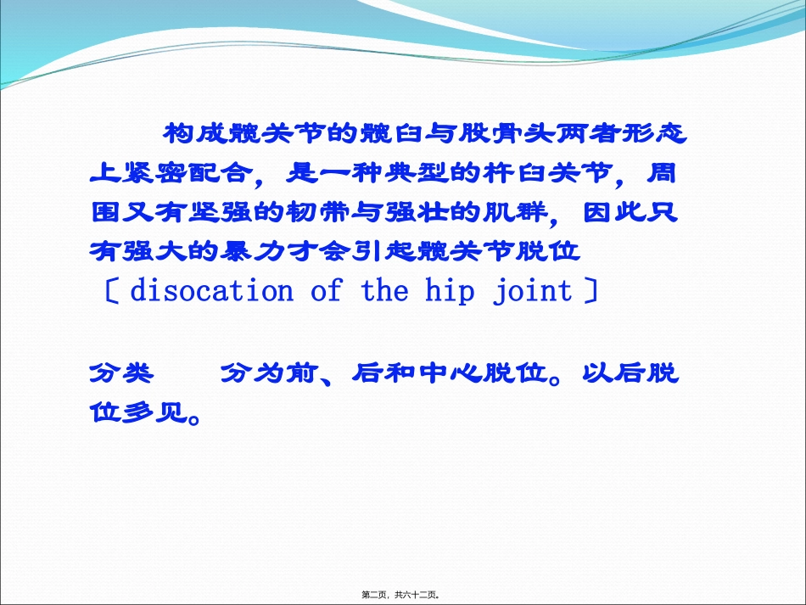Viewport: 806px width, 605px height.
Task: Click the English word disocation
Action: click(x=212, y=291)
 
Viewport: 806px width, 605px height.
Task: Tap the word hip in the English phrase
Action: click(x=450, y=291)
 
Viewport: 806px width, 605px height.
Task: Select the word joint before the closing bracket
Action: click(x=533, y=291)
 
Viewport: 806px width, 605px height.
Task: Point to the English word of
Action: click(x=327, y=290)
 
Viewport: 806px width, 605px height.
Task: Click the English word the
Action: click(x=385, y=290)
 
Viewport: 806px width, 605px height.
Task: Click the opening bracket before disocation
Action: click(x=112, y=291)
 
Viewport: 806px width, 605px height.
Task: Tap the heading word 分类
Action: click(x=121, y=373)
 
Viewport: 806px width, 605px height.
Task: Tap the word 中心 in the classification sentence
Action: click(x=450, y=373)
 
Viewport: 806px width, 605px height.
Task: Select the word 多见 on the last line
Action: click(x=154, y=412)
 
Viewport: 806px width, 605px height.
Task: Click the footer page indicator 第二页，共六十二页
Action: click(x=400, y=595)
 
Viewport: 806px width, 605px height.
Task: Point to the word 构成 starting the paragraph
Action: click(x=195, y=133)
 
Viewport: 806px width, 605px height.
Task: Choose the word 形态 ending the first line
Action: click(x=654, y=133)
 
